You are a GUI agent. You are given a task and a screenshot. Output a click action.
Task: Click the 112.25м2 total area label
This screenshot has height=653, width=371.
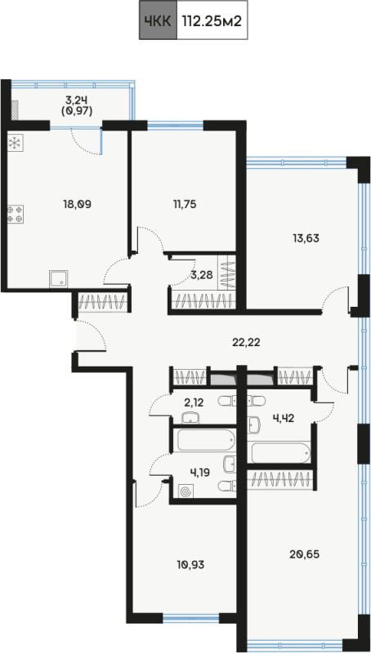coord(212,20)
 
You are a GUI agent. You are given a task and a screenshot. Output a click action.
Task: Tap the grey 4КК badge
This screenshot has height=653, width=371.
coord(158,20)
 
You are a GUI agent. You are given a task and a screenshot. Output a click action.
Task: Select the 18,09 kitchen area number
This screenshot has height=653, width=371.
coord(77,204)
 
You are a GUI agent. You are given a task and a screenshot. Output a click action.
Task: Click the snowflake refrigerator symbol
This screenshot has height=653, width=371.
coord(15,144)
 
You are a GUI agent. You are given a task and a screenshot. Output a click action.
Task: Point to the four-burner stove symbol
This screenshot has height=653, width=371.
coord(15,214)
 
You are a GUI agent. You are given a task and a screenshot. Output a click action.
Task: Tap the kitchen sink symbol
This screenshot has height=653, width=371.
coord(61,279)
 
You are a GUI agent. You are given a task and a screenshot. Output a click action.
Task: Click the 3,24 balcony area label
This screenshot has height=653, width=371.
coord(78,100)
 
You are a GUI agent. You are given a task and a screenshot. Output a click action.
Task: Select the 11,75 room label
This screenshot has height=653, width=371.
coord(185,204)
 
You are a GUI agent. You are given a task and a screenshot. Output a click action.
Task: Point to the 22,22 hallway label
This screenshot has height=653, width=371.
coord(246,342)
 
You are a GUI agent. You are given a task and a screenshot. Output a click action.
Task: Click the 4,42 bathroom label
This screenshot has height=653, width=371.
coord(284,419)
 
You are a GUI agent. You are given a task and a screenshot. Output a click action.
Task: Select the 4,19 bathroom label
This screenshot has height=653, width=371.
coord(199,473)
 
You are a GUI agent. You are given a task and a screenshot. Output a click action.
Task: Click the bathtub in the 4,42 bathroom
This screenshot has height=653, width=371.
coord(279,452)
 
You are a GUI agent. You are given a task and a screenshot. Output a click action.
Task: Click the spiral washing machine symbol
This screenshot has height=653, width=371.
coord(185,492)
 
